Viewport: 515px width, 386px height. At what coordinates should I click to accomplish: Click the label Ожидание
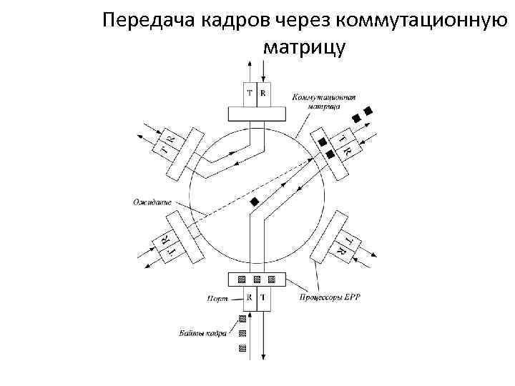152,202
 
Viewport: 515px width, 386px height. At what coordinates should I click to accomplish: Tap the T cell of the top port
249,93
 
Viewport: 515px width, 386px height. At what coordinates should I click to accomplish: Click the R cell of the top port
263,93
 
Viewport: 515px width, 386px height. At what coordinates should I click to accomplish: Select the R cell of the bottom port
249,296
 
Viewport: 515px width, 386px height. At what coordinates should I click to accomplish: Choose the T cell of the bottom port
263,296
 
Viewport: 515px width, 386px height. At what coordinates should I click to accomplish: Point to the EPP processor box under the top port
256,114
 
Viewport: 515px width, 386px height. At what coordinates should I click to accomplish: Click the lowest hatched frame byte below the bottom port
242,348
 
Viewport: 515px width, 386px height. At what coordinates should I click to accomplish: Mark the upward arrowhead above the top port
250,64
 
